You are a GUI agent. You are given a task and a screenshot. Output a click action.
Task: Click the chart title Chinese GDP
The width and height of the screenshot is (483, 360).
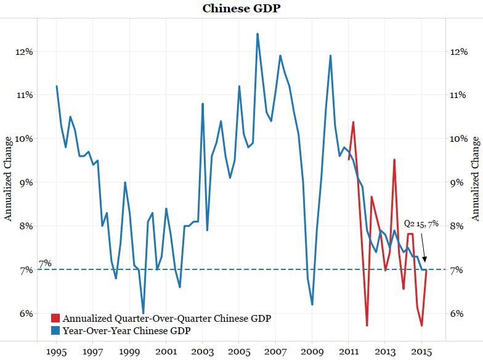coord(241,9)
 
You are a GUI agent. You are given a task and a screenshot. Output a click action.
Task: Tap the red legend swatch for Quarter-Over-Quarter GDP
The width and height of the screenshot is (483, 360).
coord(55,319)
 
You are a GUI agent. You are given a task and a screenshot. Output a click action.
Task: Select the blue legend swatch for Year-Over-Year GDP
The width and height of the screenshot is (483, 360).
coord(55,331)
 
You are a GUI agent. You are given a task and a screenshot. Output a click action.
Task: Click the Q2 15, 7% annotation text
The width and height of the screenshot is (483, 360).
coord(421,224)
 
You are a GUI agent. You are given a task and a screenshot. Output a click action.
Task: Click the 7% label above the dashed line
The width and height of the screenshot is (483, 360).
coord(45,264)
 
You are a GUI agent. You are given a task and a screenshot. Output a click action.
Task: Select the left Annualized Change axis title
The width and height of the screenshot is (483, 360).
coord(9,182)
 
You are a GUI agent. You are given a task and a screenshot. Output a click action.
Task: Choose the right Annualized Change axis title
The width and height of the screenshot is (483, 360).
coord(474,182)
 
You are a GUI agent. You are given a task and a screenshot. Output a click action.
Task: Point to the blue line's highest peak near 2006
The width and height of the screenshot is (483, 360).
coord(257,34)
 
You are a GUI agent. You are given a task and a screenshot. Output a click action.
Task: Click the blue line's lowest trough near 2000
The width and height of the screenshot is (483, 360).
coord(143,313)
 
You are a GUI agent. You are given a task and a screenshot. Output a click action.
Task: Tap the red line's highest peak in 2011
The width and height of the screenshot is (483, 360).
coord(353,122)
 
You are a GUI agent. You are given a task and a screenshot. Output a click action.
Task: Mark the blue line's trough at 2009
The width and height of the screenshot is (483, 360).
coord(312,305)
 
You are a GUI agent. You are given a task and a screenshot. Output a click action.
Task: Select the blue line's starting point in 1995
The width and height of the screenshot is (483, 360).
coord(57,86)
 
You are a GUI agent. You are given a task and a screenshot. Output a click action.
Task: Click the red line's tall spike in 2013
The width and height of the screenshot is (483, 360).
coord(394,160)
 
